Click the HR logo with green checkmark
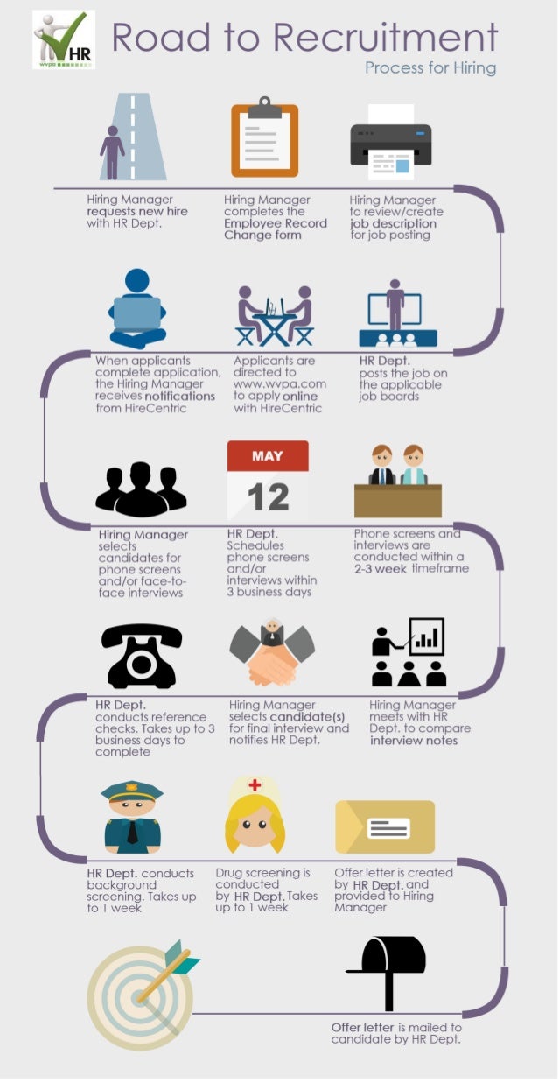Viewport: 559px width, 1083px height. coord(64,39)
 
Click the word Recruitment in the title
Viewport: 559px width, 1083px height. coord(385,38)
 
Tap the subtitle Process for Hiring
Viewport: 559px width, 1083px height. coord(430,67)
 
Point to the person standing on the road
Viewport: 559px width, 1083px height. coord(112,151)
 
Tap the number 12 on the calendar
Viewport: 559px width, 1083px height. coord(268,496)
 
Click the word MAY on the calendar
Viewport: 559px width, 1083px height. coord(268,456)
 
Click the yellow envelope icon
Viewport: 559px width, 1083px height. coord(385,826)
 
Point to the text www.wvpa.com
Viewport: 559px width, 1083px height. coord(279,384)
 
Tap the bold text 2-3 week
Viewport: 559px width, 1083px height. coord(381,568)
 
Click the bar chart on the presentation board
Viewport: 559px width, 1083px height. coord(427,638)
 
